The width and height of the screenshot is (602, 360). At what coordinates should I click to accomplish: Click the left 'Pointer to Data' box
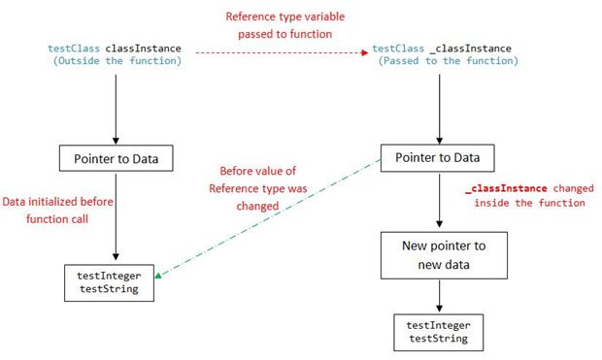coord(116,157)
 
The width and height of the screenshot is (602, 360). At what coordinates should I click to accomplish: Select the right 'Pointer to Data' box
coord(436,157)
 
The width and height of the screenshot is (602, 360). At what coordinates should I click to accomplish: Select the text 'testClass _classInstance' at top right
coord(442,48)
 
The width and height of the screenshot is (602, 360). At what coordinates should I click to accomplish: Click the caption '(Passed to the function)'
coord(442,61)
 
